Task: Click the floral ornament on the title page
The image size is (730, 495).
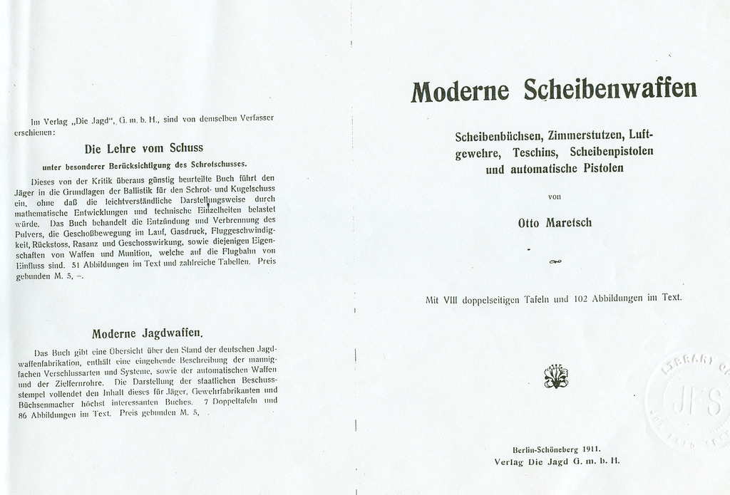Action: [x=555, y=376]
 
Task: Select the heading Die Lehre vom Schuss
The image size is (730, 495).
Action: [x=144, y=149]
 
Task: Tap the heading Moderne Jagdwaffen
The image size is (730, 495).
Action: [x=148, y=333]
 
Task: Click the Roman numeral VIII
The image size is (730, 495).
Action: [x=450, y=300]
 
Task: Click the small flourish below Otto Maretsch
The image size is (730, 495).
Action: [x=555, y=262]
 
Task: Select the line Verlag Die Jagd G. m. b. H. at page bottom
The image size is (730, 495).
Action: [x=556, y=462]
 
